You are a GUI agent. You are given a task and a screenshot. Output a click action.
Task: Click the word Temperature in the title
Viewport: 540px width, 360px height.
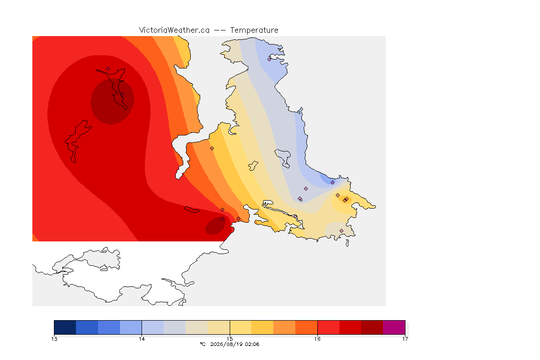(254, 30)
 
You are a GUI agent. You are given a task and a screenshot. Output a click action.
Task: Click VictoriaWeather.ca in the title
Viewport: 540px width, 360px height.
(174, 30)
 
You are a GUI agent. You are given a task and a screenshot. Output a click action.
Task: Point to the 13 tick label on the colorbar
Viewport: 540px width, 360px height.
(54, 339)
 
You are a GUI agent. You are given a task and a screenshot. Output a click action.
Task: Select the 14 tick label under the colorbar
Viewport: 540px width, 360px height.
(142, 339)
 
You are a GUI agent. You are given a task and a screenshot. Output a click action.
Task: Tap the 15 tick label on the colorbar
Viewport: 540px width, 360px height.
(230, 339)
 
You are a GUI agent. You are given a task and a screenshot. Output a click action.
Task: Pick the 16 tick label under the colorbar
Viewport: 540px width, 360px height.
(317, 339)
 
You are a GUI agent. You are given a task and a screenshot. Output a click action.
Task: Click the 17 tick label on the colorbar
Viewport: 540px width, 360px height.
(405, 339)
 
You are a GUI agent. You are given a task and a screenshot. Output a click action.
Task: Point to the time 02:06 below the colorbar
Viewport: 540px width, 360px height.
(252, 344)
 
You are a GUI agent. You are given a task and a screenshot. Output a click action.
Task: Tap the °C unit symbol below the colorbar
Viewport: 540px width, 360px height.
(203, 344)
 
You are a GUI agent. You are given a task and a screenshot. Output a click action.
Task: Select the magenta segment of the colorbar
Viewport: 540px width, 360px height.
(394, 327)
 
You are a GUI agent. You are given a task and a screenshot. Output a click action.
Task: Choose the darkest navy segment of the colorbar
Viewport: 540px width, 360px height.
(65, 327)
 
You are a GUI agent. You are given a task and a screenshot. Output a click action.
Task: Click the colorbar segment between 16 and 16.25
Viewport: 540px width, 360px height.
(329, 327)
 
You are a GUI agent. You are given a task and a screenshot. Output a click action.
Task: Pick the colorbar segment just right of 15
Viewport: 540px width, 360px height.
(241, 327)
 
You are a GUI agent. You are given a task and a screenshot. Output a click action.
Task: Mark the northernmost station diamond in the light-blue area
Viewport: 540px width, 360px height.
(270, 59)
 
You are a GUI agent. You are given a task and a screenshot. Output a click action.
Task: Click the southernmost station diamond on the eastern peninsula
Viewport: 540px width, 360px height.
(341, 231)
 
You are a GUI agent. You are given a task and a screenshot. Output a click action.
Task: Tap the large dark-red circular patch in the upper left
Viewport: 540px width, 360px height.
(112, 101)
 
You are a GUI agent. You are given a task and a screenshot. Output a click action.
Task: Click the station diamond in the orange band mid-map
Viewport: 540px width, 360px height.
(212, 149)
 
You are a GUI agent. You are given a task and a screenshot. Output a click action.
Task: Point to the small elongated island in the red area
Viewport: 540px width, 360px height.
(192, 210)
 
